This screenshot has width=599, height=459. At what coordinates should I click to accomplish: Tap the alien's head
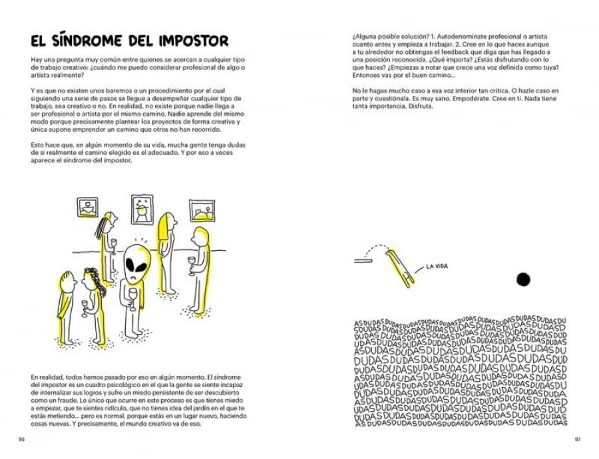[136, 261]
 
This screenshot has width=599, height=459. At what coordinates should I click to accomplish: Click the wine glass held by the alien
[132, 295]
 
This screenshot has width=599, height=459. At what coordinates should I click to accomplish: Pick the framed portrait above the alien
[142, 209]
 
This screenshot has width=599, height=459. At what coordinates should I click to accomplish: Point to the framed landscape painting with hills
[202, 209]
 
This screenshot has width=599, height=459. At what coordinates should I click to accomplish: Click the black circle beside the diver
[523, 279]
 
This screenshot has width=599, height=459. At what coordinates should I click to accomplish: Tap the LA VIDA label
[437, 267]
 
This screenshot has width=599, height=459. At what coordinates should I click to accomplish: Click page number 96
[21, 439]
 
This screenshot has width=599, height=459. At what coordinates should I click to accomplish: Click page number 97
[577, 439]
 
